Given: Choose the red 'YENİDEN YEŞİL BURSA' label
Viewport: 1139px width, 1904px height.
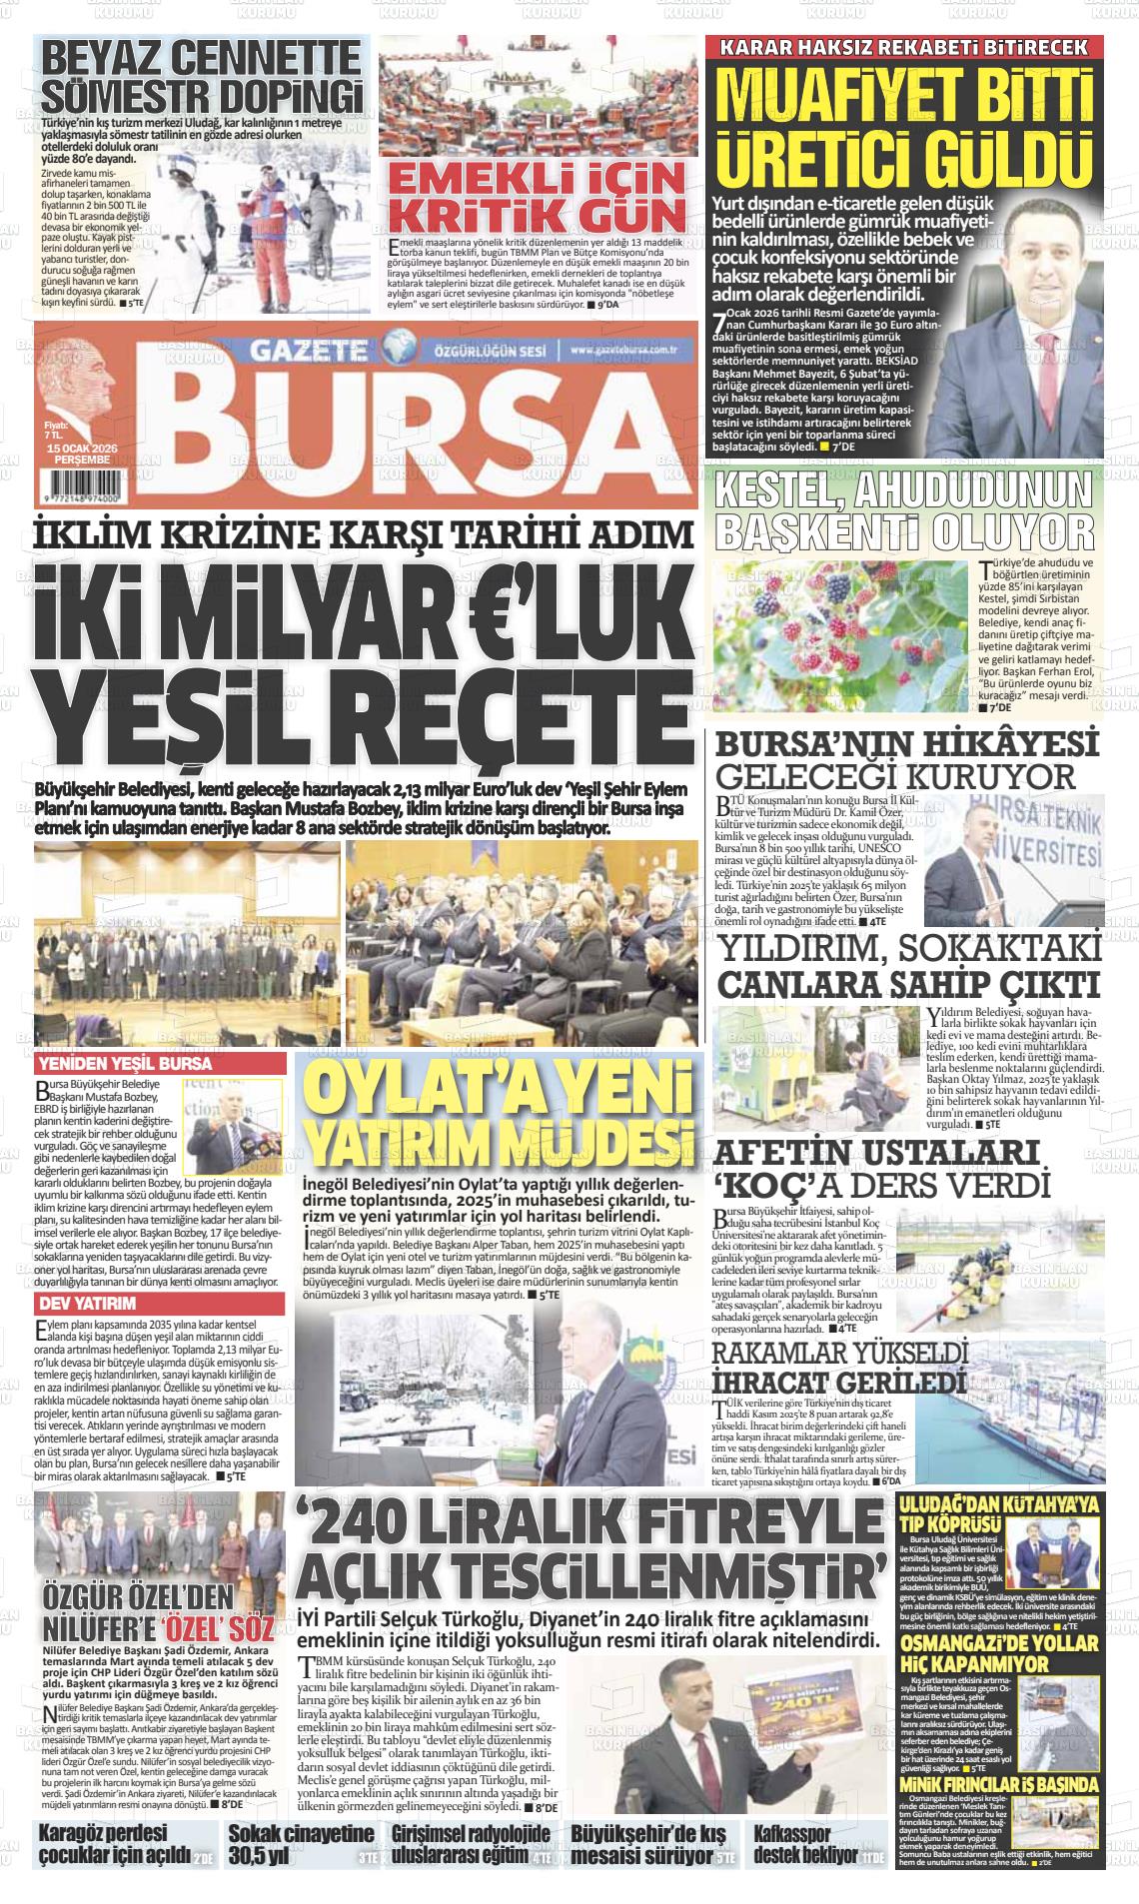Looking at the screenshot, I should pyautogui.click(x=125, y=1063).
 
